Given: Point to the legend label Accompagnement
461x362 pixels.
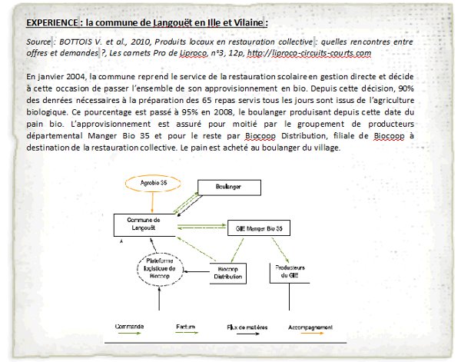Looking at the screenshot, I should (x=310, y=328).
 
